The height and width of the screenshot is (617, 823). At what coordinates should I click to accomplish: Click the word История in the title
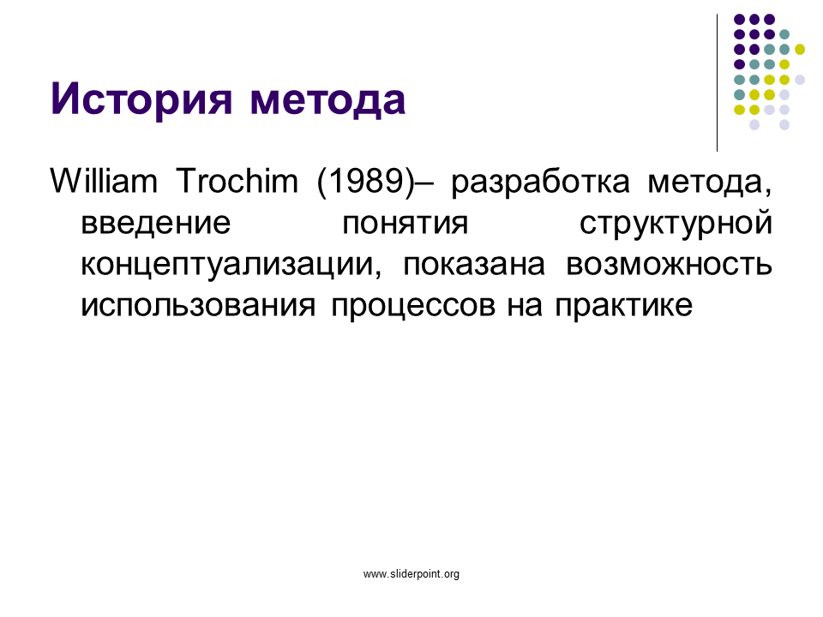pyautogui.click(x=141, y=99)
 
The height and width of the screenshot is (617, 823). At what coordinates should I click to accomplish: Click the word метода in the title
pyautogui.click(x=327, y=99)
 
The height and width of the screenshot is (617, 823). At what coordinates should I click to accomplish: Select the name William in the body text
pyautogui.click(x=104, y=181)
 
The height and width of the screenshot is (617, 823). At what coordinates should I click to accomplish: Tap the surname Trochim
pyautogui.click(x=237, y=181)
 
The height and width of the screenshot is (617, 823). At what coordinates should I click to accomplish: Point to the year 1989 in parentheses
pyautogui.click(x=366, y=182)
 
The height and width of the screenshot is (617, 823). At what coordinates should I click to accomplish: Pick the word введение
pyautogui.click(x=155, y=223)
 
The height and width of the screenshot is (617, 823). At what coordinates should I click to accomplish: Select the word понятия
pyautogui.click(x=405, y=224)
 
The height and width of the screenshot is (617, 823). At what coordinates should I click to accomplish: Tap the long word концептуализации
pyautogui.click(x=231, y=266)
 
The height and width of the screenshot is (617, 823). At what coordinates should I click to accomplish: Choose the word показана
pyautogui.click(x=474, y=265)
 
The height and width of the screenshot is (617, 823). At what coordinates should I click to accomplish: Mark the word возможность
pyautogui.click(x=670, y=265)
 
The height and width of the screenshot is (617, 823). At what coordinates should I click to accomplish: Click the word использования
pyautogui.click(x=198, y=305)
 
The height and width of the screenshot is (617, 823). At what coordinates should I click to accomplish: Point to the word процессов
pyautogui.click(x=413, y=308)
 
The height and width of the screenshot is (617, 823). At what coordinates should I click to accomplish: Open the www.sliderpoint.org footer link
pyautogui.click(x=411, y=574)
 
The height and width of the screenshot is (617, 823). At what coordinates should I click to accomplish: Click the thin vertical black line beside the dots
pyautogui.click(x=717, y=83)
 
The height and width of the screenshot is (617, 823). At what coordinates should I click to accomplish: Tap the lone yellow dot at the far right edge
pyautogui.click(x=799, y=50)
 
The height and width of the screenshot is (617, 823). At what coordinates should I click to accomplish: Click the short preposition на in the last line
pyautogui.click(x=525, y=307)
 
